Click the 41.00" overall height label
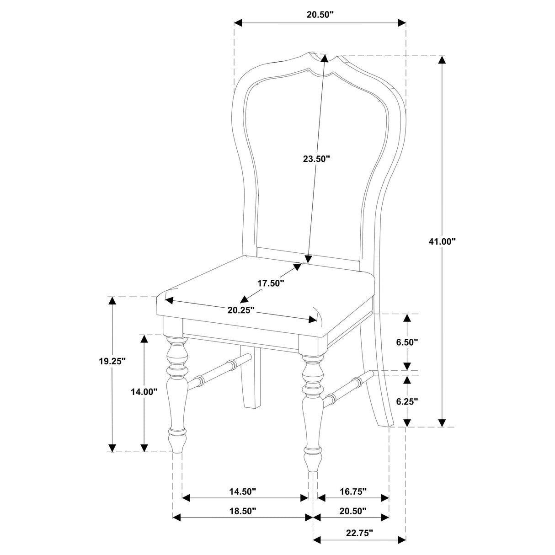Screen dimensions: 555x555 click(443, 241)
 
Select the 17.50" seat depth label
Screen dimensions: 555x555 click(271, 283)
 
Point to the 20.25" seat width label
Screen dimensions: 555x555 click(241, 310)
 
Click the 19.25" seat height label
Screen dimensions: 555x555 click(112, 361)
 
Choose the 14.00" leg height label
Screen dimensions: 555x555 click(144, 391)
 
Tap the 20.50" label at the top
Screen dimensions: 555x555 click(320, 14)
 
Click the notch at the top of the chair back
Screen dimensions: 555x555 click(326, 58)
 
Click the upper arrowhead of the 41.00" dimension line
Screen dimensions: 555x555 click(442, 60)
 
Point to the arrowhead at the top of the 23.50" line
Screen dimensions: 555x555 click(325, 58)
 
